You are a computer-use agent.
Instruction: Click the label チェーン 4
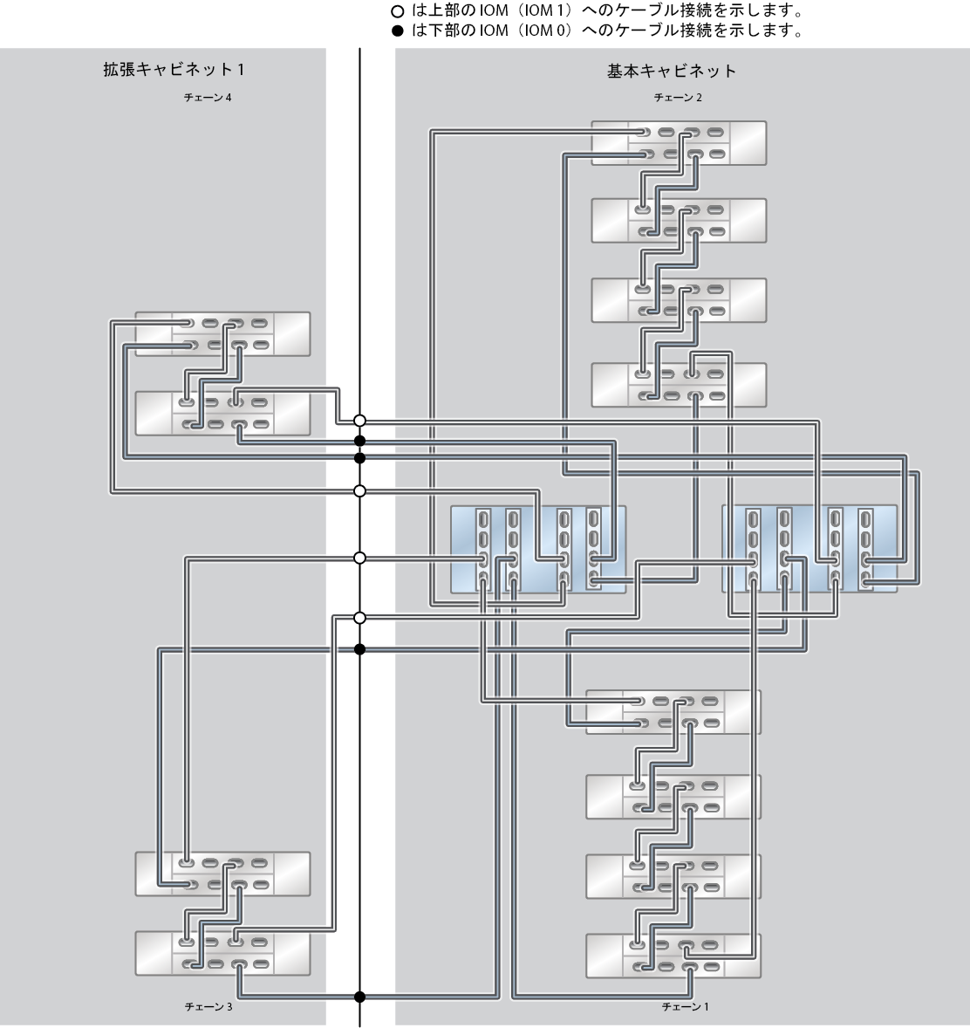207,98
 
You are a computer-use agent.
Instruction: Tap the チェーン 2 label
678,98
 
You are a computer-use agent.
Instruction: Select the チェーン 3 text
208,1006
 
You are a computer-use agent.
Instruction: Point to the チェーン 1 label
685,1006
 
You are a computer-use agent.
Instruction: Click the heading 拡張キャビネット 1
174,70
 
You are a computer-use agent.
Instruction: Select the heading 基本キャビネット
672,71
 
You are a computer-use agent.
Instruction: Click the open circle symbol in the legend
397,12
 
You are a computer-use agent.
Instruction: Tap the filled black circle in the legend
397,31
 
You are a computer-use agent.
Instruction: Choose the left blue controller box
538,550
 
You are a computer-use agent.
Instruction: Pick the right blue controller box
809,549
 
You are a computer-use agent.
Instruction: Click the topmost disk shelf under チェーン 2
679,143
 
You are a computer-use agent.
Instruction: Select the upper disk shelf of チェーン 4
222,333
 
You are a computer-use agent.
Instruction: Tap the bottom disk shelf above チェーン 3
222,953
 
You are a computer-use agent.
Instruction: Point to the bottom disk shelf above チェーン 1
673,956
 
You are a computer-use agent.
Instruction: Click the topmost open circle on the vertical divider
359,421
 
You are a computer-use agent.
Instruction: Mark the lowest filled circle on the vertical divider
359,997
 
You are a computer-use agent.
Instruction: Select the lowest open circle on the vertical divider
359,618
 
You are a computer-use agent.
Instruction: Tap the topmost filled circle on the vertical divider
359,441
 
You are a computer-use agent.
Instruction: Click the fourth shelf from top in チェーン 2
679,385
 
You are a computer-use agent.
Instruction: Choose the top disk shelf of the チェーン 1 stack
673,712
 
